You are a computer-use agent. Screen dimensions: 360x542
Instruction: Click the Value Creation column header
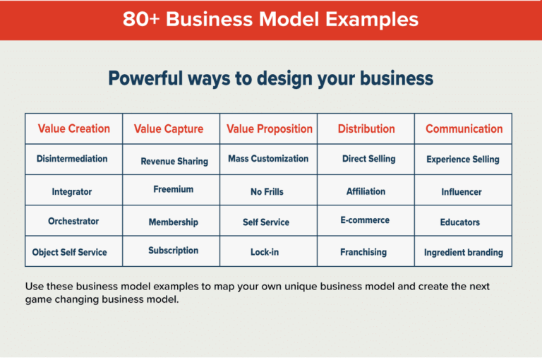click(73, 128)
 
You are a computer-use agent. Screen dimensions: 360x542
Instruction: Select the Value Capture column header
click(169, 129)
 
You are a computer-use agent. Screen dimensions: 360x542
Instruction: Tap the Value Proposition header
click(269, 128)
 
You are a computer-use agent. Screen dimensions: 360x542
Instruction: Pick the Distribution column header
click(366, 128)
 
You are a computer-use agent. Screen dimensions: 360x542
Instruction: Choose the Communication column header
click(464, 128)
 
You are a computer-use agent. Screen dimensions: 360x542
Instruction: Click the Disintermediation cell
click(72, 159)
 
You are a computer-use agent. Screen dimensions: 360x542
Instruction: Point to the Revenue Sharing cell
click(174, 161)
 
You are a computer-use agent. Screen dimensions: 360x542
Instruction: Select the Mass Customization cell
click(268, 159)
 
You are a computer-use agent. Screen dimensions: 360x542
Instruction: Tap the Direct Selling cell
click(368, 159)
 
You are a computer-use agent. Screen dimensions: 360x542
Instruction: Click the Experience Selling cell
click(462, 160)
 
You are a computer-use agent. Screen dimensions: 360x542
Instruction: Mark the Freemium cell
click(173, 189)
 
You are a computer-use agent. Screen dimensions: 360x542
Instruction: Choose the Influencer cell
click(462, 191)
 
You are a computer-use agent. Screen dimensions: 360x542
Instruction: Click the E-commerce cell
click(365, 220)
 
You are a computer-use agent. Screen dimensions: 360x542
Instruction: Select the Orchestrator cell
click(73, 221)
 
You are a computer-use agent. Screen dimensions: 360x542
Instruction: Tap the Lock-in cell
click(265, 252)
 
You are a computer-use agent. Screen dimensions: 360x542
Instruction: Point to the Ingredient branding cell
click(463, 252)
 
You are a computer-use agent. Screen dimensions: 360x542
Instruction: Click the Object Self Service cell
click(70, 252)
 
